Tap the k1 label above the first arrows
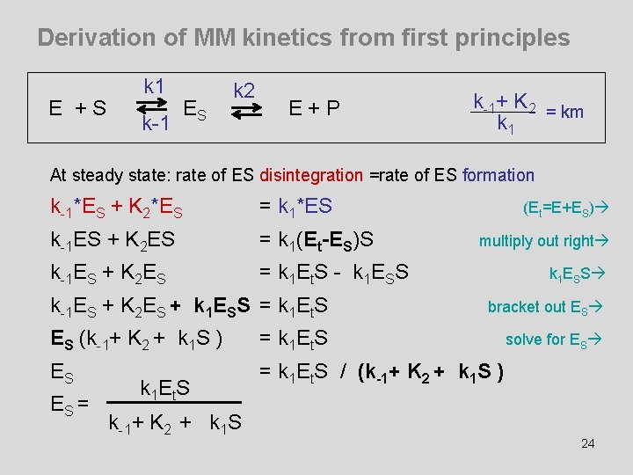(156, 85)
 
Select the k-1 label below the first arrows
(156, 124)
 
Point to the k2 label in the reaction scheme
(244, 90)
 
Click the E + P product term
(314, 108)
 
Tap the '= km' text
(565, 112)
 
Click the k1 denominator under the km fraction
(506, 124)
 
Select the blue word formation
(498, 175)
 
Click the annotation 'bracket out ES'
(542, 307)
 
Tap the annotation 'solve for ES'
(551, 340)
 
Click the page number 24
(588, 442)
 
